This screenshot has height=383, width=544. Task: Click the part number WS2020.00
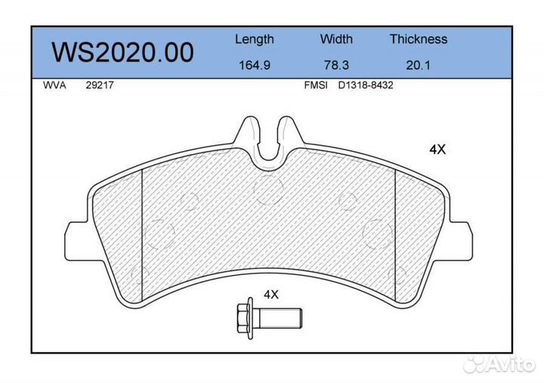(x=123, y=52)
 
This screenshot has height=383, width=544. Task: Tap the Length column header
(x=255, y=39)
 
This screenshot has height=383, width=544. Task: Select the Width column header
(x=336, y=39)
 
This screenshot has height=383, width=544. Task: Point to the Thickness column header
(x=419, y=39)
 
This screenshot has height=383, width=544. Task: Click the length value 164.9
(x=255, y=65)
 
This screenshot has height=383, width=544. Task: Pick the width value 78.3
(x=336, y=65)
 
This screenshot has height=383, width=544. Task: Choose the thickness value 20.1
(x=418, y=65)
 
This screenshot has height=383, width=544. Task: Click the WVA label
(x=54, y=85)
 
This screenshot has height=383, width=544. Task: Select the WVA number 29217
(x=100, y=85)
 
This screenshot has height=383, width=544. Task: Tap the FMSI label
(x=316, y=85)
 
